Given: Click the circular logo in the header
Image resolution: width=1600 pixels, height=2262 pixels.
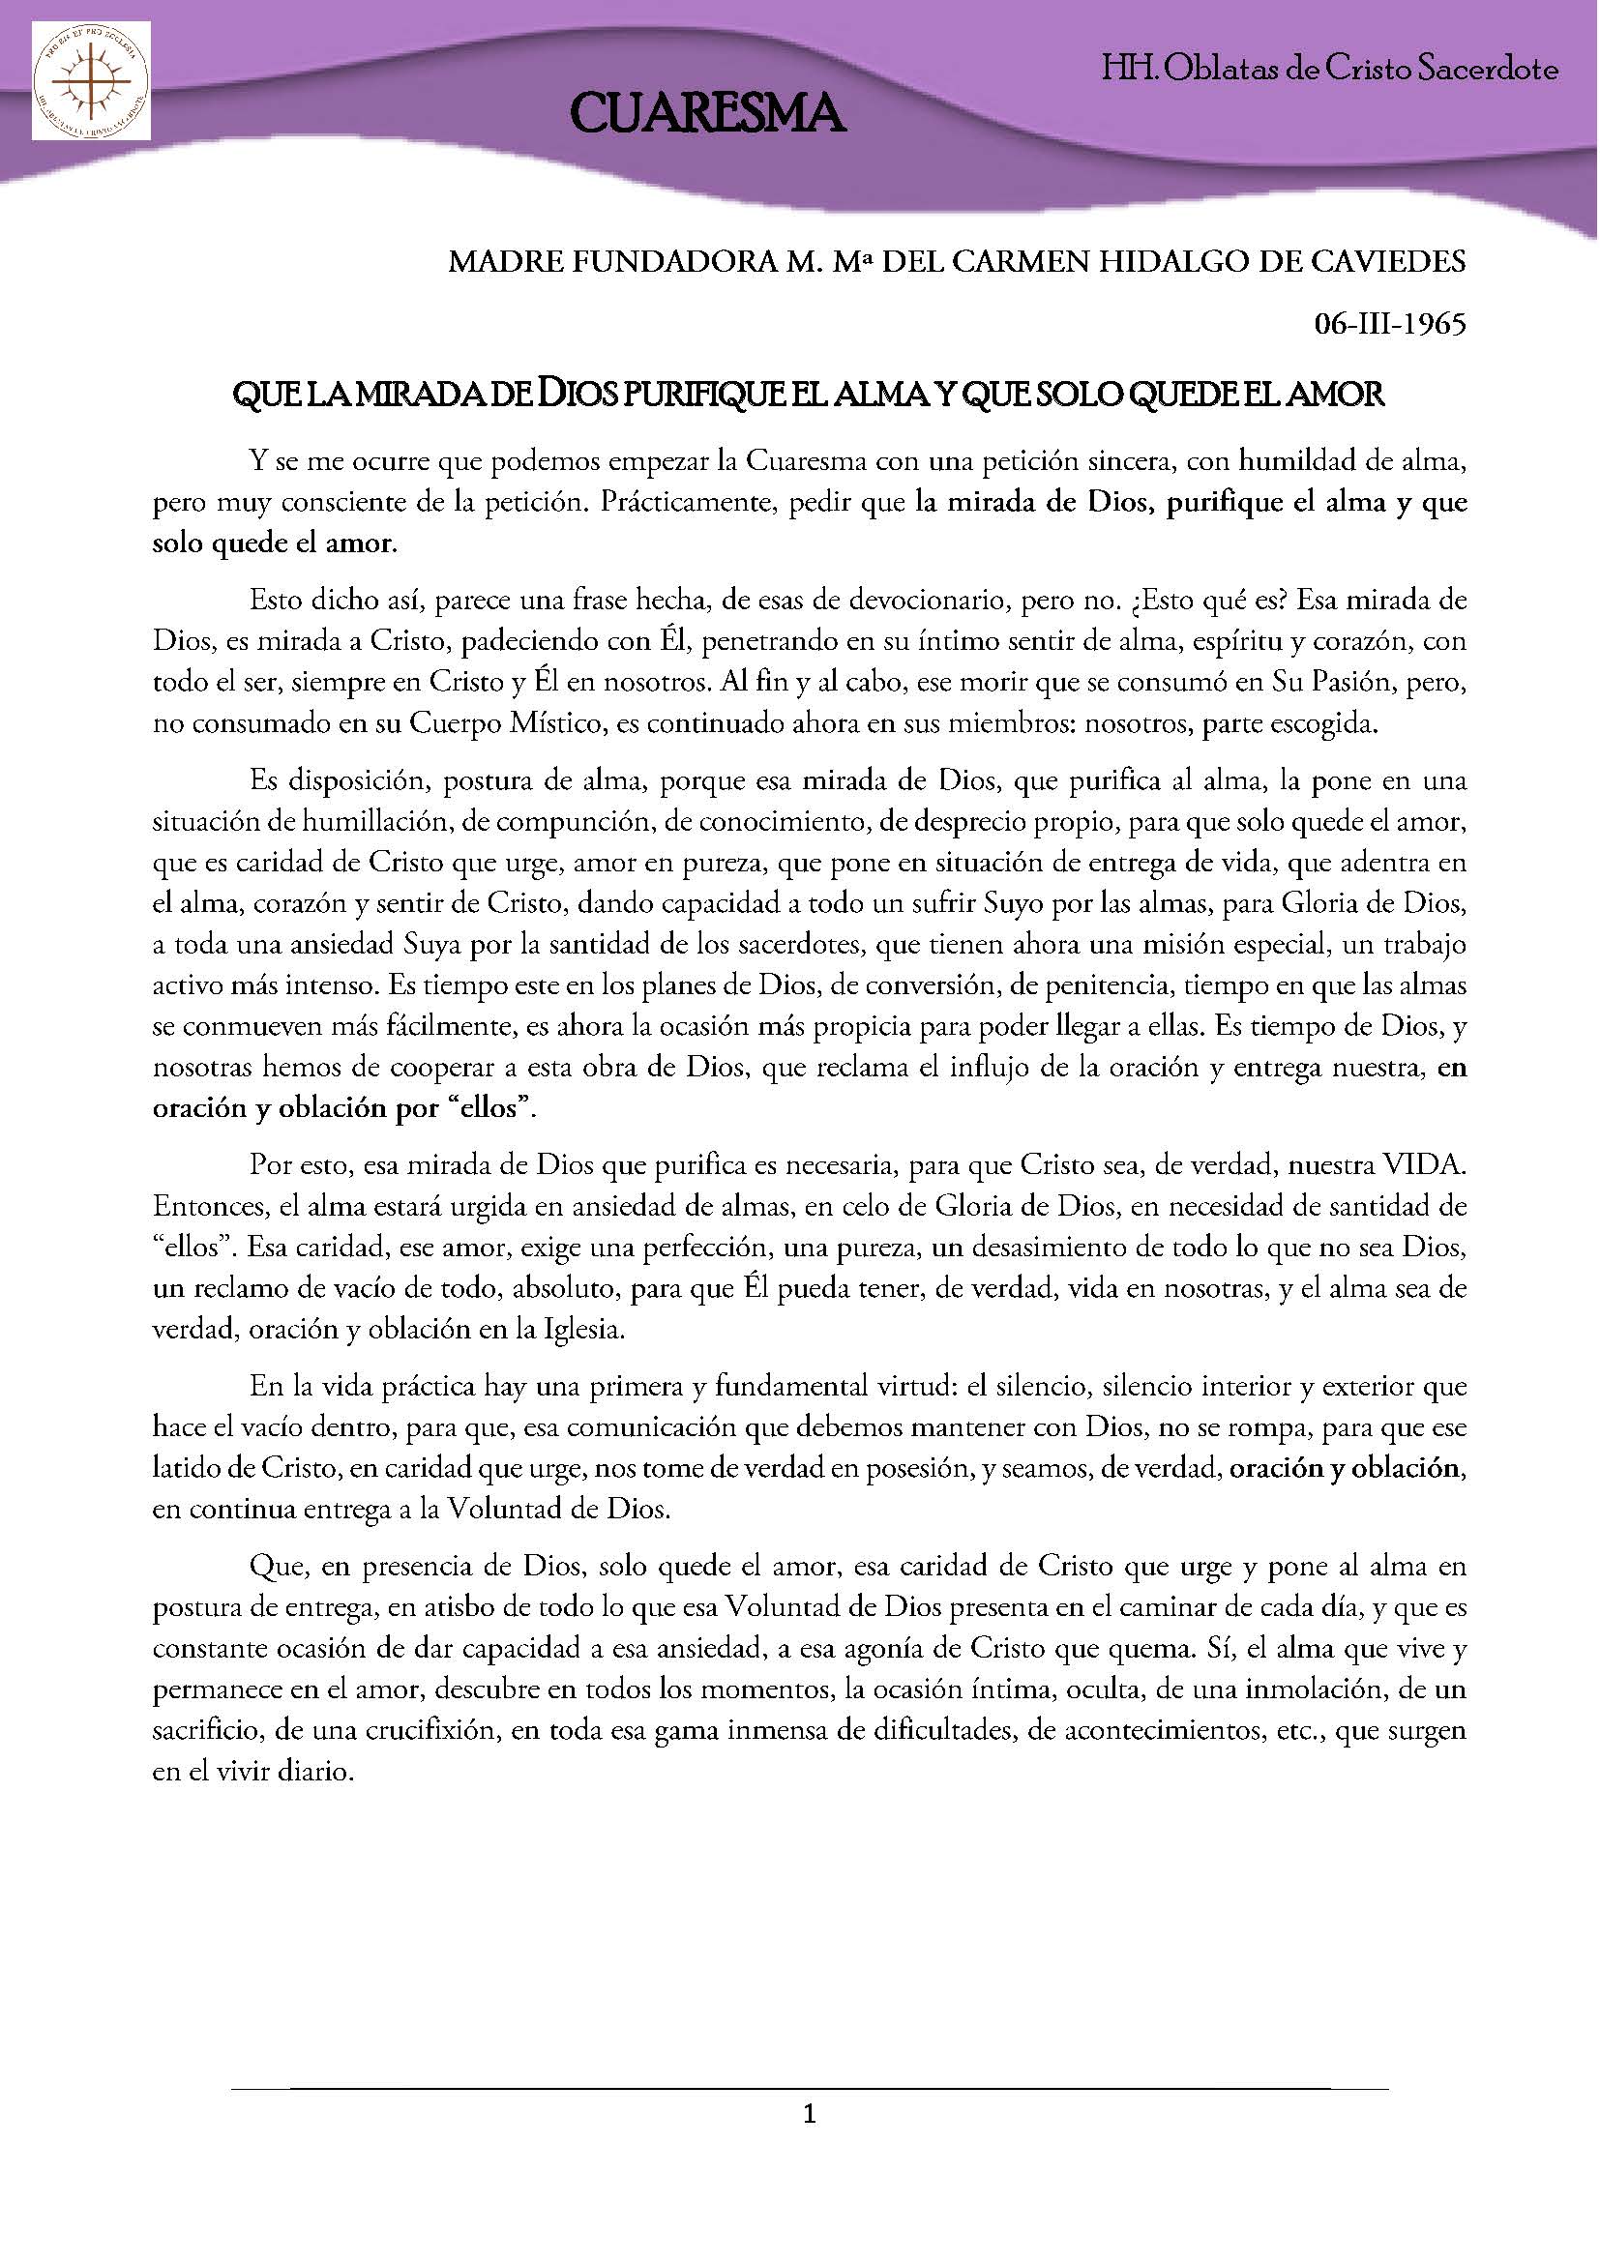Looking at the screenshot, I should pos(91,85).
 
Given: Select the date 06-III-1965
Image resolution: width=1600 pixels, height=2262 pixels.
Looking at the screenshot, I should pos(1390,324).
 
